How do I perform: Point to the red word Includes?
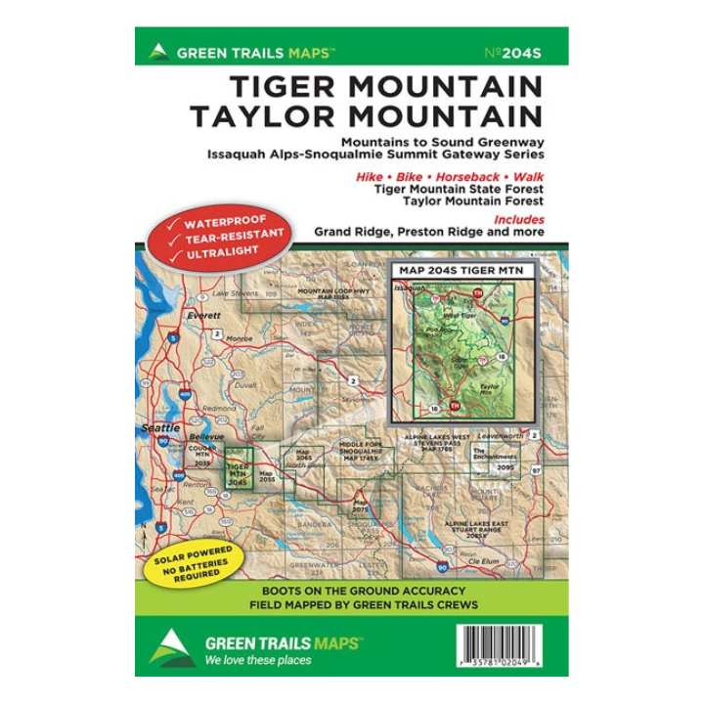coord(518,220)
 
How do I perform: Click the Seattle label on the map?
coord(161,428)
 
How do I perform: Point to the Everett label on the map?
coord(203,316)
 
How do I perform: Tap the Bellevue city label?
coord(206,436)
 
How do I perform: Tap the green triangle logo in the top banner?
coord(158,52)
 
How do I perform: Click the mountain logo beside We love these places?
coord(172,648)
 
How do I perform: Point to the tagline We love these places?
coord(258,660)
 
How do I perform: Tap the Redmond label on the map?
coord(220,407)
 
